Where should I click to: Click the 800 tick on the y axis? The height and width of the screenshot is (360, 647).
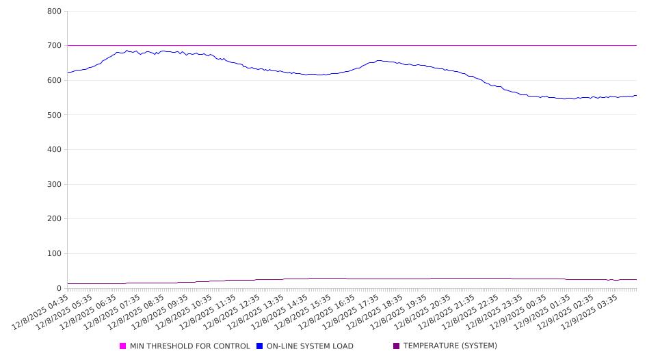click(x=55, y=12)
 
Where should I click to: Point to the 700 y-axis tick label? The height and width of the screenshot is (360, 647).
click(x=55, y=46)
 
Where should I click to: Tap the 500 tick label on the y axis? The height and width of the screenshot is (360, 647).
click(x=55, y=115)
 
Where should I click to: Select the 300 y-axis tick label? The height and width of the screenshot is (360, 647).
click(x=55, y=185)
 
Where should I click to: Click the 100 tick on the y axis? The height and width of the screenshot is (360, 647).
click(x=55, y=254)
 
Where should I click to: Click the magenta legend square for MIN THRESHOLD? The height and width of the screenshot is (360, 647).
click(x=123, y=346)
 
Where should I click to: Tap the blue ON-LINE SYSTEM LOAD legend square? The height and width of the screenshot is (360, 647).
click(x=260, y=346)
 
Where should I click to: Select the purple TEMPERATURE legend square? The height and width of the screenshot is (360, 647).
click(x=397, y=346)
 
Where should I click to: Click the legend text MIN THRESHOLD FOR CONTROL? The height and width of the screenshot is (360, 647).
click(x=189, y=346)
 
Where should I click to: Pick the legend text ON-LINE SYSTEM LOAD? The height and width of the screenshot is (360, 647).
click(x=310, y=346)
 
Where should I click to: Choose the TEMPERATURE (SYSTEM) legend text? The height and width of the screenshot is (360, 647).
click(x=450, y=346)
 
